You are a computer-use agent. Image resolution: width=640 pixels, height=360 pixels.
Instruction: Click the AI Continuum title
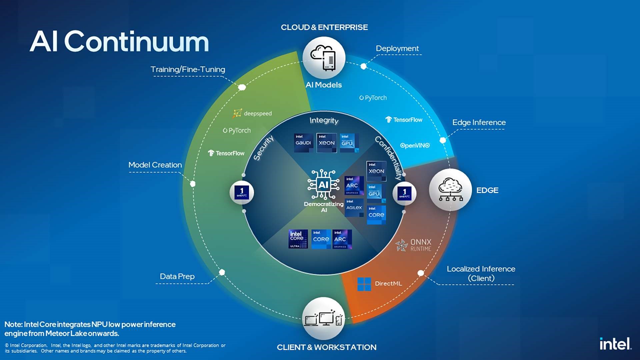pyautogui.click(x=119, y=42)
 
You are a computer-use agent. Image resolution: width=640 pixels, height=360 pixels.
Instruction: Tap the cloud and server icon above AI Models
pyautogui.click(x=324, y=58)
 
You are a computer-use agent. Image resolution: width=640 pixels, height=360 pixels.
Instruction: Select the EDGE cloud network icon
pyautogui.click(x=450, y=190)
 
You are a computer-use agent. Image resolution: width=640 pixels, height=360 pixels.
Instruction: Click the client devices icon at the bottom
pyautogui.click(x=323, y=318)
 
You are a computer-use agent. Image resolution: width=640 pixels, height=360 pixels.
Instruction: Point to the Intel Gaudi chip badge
pyautogui.click(x=303, y=143)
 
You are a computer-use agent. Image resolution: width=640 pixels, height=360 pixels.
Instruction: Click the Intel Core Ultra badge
pyautogui.click(x=298, y=239)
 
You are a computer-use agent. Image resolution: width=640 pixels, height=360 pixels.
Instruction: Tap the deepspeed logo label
pyautogui.click(x=253, y=113)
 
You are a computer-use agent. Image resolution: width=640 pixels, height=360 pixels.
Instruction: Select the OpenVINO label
pyautogui.click(x=415, y=145)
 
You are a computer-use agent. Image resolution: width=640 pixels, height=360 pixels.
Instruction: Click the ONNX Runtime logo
pyautogui.click(x=414, y=245)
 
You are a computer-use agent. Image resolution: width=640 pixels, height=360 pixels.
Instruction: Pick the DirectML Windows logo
pyautogui.click(x=364, y=284)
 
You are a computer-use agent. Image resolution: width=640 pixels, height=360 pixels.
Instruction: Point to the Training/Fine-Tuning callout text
pyautogui.click(x=188, y=69)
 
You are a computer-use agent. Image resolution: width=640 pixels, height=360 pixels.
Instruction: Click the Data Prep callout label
pyautogui.click(x=177, y=276)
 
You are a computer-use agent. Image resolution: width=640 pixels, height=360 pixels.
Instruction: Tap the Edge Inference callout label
pyautogui.click(x=479, y=122)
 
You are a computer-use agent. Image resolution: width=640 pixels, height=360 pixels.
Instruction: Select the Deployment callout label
pyautogui.click(x=397, y=48)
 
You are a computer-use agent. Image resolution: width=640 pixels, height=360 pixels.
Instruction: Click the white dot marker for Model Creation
pyautogui.click(x=193, y=184)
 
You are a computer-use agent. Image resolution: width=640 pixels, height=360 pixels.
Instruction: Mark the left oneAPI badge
pyautogui.click(x=242, y=192)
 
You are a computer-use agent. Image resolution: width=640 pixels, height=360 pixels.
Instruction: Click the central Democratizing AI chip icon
pyautogui.click(x=323, y=184)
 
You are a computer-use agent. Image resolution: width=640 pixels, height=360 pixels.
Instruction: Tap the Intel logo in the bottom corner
pyautogui.click(x=615, y=344)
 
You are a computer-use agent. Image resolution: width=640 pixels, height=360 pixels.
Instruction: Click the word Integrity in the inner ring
pyautogui.click(x=324, y=120)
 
